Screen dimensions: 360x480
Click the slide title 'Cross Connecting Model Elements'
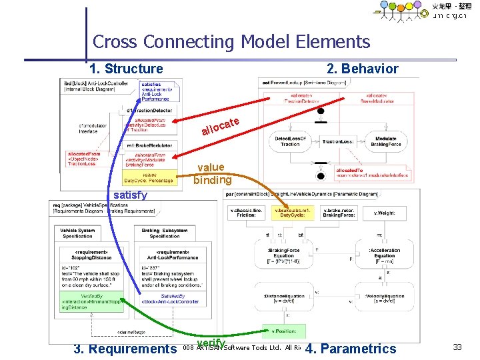point(231,42)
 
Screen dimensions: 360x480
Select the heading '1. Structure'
point(126,69)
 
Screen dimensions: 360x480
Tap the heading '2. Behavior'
point(362,69)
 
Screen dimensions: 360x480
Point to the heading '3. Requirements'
point(125,348)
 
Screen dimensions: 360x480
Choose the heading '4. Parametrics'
point(350,348)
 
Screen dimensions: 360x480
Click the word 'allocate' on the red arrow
point(221,125)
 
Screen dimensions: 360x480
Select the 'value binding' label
point(212,173)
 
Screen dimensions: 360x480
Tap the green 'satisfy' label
point(130,195)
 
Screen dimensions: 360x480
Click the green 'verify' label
point(211,343)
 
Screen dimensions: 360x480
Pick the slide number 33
point(457,347)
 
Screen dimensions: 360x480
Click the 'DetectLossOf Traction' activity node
point(290,141)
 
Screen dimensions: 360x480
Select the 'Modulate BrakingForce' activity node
point(385,141)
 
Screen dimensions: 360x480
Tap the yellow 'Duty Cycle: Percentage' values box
point(148,177)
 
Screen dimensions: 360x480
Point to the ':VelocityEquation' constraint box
point(384,298)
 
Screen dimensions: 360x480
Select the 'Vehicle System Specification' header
point(77,233)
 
